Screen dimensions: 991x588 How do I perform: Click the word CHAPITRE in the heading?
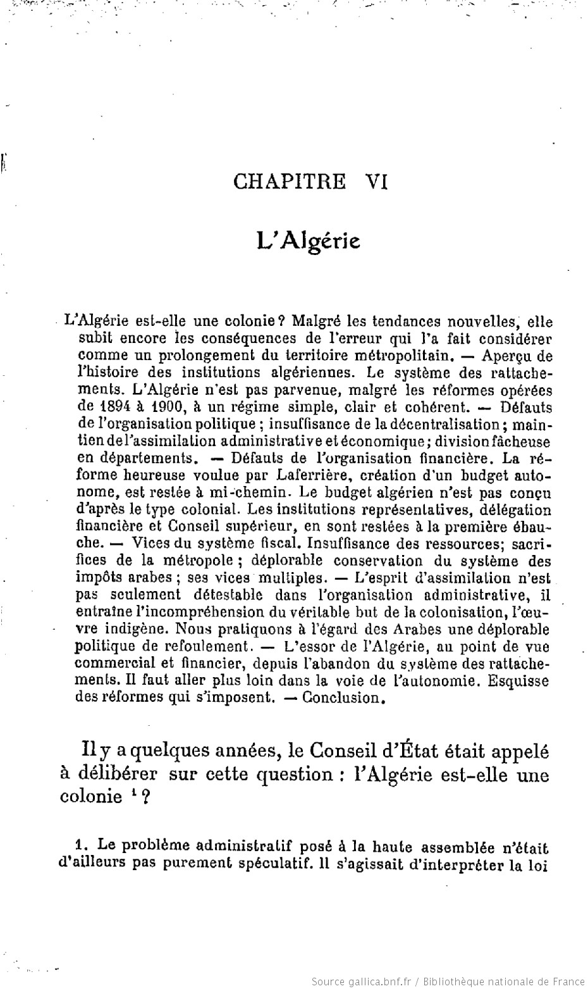click(290, 182)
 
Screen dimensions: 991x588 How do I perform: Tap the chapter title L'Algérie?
click(309, 241)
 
